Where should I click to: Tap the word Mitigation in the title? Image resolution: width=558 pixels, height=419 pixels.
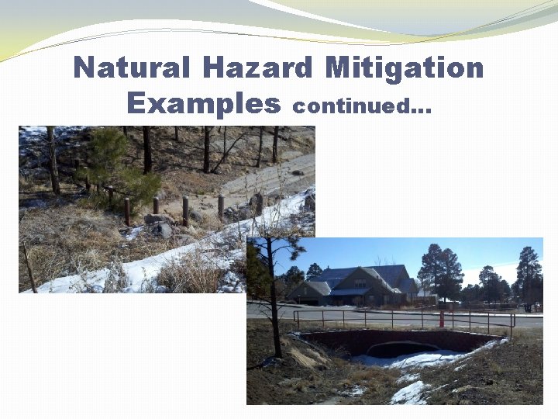404,68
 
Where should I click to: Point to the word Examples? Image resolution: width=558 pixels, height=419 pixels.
203,102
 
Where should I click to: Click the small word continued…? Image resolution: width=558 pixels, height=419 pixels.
361,106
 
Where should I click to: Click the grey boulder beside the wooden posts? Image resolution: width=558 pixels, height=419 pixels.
161,229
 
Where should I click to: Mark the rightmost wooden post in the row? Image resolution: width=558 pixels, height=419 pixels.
221,206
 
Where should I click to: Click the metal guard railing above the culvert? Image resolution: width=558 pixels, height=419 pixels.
403,316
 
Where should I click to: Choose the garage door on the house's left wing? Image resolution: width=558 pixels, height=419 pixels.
308,298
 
